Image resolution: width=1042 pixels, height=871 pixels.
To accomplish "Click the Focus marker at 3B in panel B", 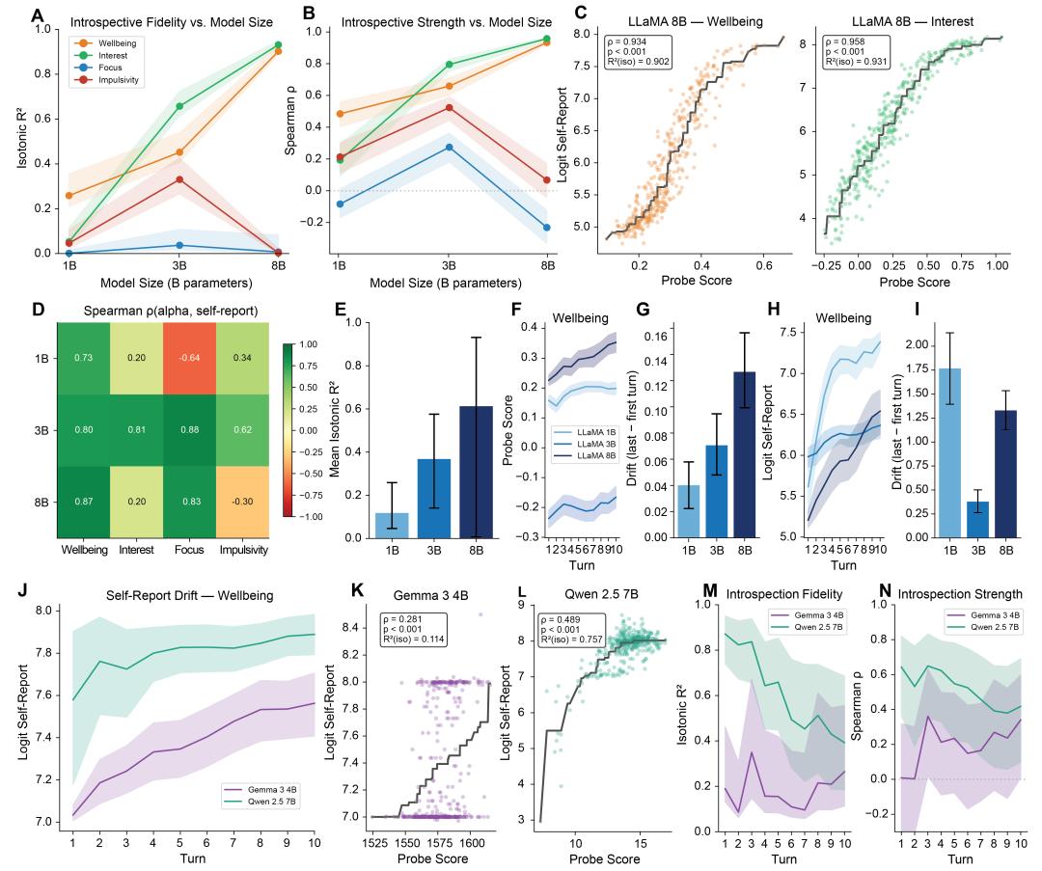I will (449, 147).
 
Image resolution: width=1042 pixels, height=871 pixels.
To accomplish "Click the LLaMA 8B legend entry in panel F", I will (579, 463).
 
